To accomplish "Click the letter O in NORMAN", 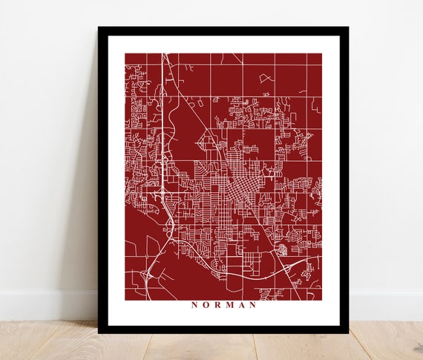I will (206, 304).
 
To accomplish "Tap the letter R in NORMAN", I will (217, 304).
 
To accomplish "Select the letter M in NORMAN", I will (230, 304).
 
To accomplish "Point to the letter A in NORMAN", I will (242, 304).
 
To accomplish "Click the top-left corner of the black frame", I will (99, 27).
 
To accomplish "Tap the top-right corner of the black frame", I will (348, 27).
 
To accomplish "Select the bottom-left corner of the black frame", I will (99, 333).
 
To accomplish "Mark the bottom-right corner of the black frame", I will (348, 333).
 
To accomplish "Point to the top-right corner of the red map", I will (322, 53).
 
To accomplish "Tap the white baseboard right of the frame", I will (386, 304).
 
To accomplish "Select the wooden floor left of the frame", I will (45, 341).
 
